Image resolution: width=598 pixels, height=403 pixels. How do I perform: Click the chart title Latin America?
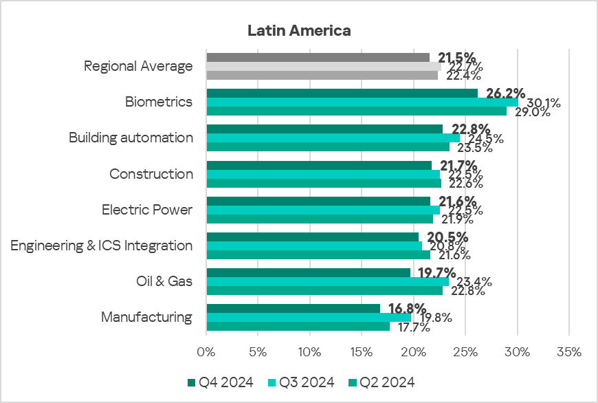click(299, 31)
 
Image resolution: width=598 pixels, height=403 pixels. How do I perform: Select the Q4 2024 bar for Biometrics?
click(342, 93)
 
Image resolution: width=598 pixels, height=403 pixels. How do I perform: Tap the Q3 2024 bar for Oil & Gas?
click(327, 281)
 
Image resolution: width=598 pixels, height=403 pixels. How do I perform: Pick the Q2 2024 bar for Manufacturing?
click(298, 327)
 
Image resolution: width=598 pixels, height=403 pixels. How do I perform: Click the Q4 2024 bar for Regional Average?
click(318, 57)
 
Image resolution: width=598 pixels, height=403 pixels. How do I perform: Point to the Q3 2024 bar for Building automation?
click(333, 138)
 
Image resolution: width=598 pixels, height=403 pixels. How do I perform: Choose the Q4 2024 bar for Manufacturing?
click(293, 308)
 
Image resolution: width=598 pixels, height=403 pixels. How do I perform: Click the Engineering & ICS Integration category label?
click(102, 246)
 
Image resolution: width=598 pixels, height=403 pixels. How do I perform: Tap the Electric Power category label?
click(147, 210)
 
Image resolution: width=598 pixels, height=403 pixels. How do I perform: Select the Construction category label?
click(151, 174)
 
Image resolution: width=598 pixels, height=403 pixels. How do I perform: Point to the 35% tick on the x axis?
click(569, 352)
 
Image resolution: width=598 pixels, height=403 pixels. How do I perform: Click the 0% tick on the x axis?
click(206, 352)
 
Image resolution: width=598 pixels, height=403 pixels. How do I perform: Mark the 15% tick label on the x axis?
click(362, 352)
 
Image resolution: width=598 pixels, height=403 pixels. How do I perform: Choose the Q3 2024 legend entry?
click(301, 382)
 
